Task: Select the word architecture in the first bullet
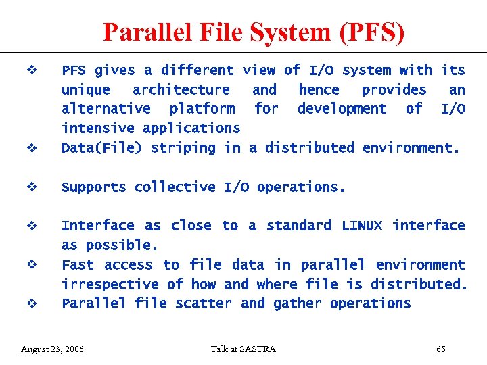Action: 181,90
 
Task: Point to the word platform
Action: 202,109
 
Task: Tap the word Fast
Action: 78,264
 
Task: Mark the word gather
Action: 298,303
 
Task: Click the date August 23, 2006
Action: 53,349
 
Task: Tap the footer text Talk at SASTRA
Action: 243,349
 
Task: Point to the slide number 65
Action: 441,349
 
